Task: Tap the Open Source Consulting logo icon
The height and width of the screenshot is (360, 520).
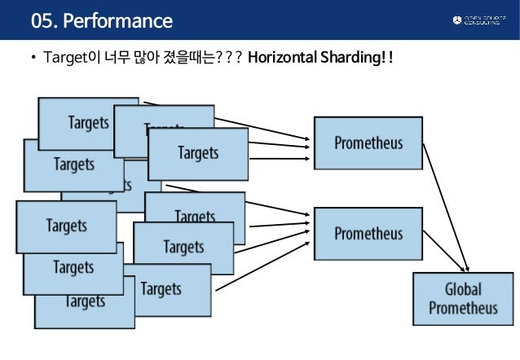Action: [456, 20]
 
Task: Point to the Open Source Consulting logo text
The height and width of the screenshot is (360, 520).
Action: [486, 20]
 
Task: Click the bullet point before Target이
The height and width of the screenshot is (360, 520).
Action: [33, 58]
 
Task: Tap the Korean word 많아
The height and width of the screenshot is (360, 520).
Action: [143, 58]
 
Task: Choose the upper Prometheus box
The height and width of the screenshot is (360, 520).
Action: [368, 143]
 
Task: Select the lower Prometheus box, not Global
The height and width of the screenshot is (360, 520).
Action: [368, 234]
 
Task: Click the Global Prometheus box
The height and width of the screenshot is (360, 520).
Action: [463, 299]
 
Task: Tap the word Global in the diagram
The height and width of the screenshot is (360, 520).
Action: [463, 289]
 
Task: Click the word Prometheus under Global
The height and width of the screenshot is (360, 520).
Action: [463, 309]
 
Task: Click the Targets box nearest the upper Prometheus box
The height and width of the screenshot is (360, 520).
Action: [198, 152]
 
